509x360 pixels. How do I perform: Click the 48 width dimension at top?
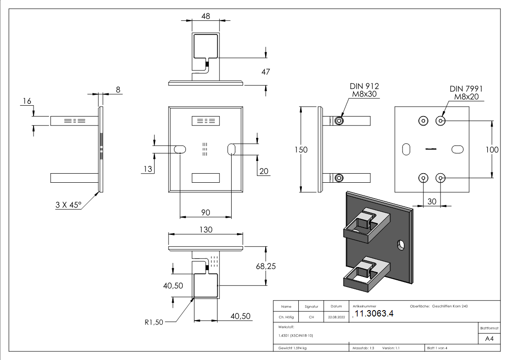(x=205, y=15)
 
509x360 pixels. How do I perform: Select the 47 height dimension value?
(x=266, y=72)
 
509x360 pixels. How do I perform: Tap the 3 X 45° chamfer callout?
(x=68, y=205)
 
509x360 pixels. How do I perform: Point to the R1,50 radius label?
(x=154, y=322)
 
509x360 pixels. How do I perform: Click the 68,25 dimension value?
(x=266, y=266)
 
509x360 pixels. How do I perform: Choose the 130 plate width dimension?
(x=206, y=229)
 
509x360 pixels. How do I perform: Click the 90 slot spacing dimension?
(x=206, y=212)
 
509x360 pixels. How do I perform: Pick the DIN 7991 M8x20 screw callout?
(x=466, y=93)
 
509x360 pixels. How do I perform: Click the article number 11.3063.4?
(x=374, y=314)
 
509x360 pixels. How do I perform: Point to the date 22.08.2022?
(x=336, y=317)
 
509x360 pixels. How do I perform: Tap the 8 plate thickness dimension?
(x=118, y=90)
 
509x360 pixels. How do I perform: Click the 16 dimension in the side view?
(x=27, y=101)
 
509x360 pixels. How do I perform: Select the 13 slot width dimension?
(x=147, y=169)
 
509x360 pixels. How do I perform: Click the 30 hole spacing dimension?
(x=431, y=202)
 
